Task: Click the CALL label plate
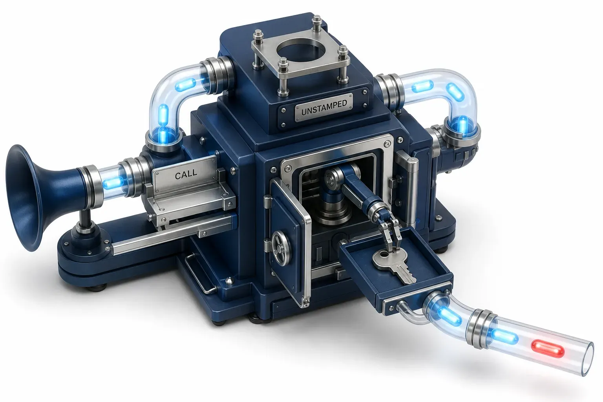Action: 186,174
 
